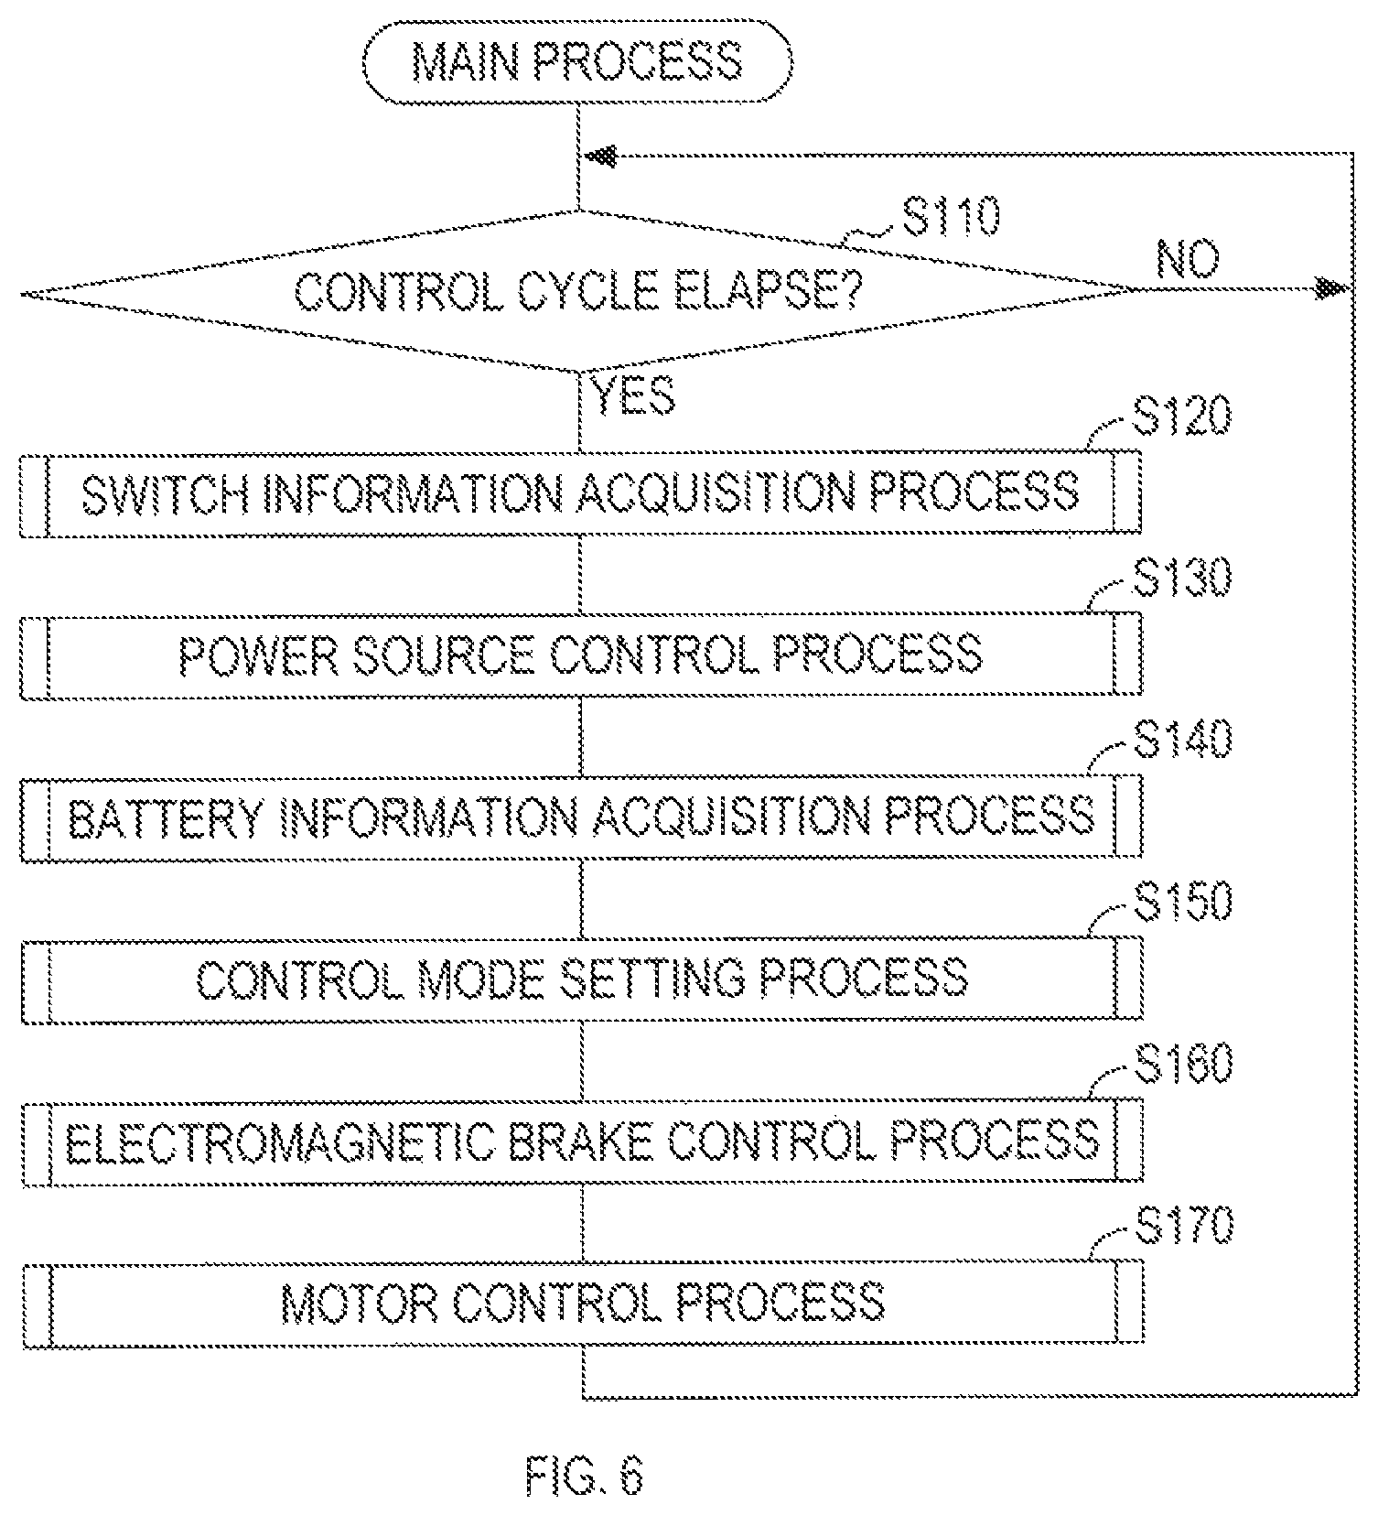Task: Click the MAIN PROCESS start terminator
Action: pos(577,62)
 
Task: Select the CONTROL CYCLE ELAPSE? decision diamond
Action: pos(577,291)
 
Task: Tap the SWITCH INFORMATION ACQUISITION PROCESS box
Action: pos(580,492)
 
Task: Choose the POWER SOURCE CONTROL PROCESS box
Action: pos(580,655)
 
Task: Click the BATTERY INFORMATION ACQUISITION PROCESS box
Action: pos(581,817)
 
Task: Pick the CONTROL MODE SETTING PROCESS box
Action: pos(582,979)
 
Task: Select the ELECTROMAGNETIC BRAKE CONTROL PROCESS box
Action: pos(582,1142)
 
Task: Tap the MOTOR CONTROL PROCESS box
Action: pos(583,1304)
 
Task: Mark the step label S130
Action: pos(1183,578)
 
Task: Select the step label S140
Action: pos(1183,740)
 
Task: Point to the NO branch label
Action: pos(1188,260)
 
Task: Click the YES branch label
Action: pos(634,395)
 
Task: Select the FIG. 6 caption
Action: pos(586,1475)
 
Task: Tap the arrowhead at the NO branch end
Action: pos(1333,289)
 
